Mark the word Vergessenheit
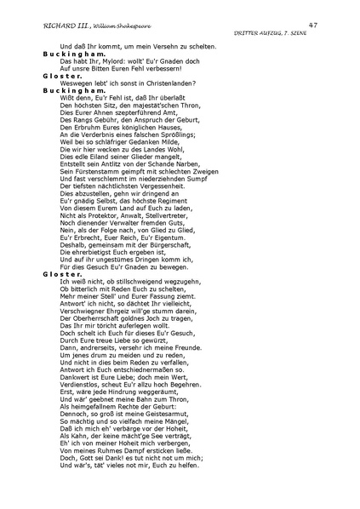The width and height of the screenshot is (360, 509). point(165,194)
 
